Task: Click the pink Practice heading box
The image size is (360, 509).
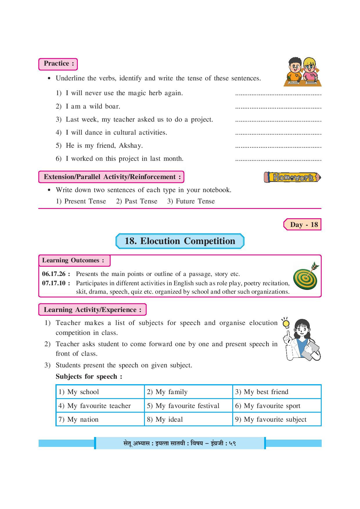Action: point(58,64)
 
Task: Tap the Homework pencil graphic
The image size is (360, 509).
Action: point(292,177)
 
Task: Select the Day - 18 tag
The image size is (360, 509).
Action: point(303,225)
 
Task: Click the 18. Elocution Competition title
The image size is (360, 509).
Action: point(180,241)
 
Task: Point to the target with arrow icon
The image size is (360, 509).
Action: point(306,277)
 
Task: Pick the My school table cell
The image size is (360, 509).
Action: point(100,392)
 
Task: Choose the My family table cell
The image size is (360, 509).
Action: point(188,392)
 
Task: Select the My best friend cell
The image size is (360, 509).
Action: point(277,392)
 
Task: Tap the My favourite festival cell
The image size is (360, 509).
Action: point(188,406)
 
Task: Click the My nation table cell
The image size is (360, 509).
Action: point(100,419)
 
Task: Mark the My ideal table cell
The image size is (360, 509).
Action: point(188,419)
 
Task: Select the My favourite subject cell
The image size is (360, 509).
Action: point(277,419)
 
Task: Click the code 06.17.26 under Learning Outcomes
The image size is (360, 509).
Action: point(54,274)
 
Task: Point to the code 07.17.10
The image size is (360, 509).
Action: point(54,283)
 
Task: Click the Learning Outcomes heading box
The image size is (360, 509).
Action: point(74,261)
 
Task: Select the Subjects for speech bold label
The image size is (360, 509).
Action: point(89,377)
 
